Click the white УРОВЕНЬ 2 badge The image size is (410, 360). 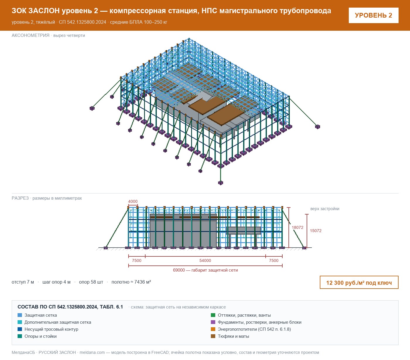[x=373, y=16]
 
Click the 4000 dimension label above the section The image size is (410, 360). [x=133, y=201]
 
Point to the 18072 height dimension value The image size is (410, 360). [x=297, y=227]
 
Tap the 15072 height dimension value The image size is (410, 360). [x=315, y=231]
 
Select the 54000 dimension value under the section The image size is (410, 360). [x=205, y=260]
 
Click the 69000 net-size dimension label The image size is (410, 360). [x=205, y=270]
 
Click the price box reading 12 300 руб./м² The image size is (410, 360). [x=359, y=282]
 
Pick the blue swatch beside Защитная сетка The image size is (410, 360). [x=20, y=315]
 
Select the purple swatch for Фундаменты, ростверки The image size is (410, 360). [x=213, y=322]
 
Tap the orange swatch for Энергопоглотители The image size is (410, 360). [x=213, y=329]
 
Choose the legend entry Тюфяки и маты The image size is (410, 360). [x=233, y=336]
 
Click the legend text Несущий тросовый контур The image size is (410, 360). [x=51, y=329]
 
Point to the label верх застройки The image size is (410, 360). [x=324, y=209]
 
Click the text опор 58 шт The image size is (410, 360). [x=91, y=282]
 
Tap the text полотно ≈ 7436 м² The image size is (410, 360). [x=131, y=282]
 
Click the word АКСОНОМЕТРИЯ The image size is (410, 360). [x=30, y=35]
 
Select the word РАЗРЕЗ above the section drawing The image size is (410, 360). [x=20, y=198]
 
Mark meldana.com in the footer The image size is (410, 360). [x=92, y=352]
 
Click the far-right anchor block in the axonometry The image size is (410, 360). [x=317, y=127]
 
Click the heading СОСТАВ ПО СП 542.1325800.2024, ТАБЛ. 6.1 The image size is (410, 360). [x=70, y=307]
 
